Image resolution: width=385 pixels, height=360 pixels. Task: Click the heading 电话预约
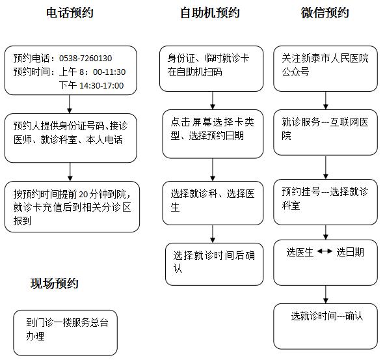pos(70,13)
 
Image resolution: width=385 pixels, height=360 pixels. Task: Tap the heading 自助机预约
pos(210,13)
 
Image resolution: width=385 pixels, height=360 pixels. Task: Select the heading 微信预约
pos(325,13)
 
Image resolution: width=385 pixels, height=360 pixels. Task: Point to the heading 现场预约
pos(54,283)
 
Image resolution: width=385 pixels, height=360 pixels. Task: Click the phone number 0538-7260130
pos(85,58)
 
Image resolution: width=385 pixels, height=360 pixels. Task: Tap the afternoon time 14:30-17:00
pos(101,85)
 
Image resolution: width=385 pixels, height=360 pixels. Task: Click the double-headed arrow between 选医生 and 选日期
pos(325,251)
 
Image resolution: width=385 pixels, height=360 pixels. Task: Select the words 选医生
pos(300,252)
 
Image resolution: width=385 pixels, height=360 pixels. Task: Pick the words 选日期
pos(350,252)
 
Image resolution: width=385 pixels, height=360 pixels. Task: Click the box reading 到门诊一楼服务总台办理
pos(65,333)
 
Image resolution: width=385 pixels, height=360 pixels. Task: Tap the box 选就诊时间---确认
pos(325,326)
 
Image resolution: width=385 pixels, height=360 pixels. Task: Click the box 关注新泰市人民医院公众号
pos(325,68)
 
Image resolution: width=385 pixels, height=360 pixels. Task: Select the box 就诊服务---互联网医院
pos(325,132)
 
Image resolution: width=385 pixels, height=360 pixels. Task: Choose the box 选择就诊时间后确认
pos(215,264)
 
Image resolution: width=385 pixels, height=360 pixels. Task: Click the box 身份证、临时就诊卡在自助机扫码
pos(211,68)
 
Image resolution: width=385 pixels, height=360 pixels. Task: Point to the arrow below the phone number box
pos(70,104)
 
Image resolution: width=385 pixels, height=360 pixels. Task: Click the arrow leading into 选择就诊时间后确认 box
pos(213,234)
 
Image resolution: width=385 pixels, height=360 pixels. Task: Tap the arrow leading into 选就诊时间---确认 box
pos(326,294)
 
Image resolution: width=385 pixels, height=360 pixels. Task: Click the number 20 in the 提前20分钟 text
pos(83,194)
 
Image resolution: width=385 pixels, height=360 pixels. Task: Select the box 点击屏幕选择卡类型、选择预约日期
pos(213,134)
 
